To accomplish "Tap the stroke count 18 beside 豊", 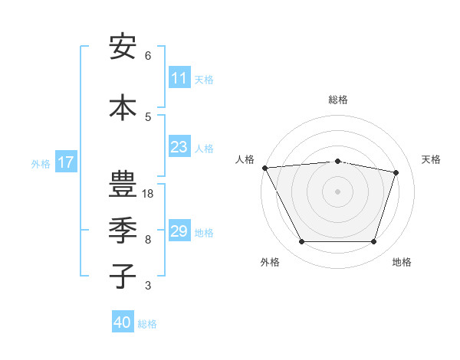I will [x=149, y=194].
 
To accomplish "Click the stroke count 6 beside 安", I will [x=148, y=56].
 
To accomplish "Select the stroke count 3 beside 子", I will [x=148, y=286].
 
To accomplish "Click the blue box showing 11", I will [x=179, y=78].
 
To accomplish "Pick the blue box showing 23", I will [x=179, y=147].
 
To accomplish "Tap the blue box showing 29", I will [x=179, y=231].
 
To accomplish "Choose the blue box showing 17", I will [x=65, y=162].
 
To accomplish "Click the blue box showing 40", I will [x=123, y=323].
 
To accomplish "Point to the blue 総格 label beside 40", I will [x=147, y=324].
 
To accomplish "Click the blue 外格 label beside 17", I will [x=41, y=163].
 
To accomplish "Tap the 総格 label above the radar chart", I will [x=338, y=100].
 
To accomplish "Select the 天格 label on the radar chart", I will [x=431, y=159].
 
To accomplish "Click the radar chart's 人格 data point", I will [x=264, y=168].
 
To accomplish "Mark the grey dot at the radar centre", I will [x=337, y=191].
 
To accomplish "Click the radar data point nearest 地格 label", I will [x=373, y=242].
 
